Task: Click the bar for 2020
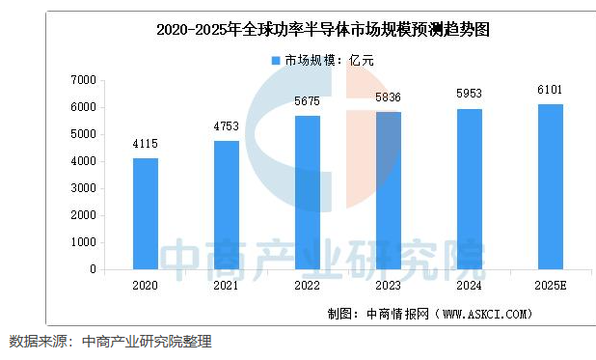coord(145,213)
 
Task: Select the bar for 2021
coord(227,205)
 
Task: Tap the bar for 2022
coord(308,192)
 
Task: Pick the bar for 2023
coord(388,190)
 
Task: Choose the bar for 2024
coord(469,188)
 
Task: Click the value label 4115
coord(145,146)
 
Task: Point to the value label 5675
coord(308,103)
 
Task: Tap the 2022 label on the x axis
coord(308,286)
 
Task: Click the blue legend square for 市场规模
coord(276,61)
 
